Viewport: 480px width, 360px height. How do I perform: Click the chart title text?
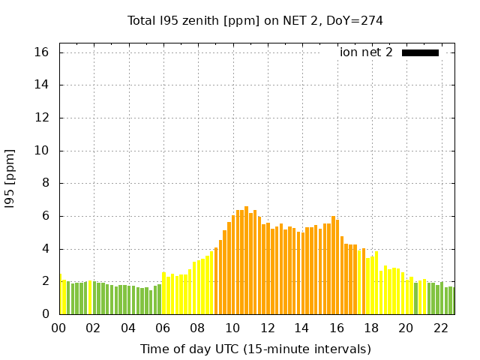point(255,20)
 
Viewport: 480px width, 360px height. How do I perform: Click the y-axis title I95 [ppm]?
point(10,178)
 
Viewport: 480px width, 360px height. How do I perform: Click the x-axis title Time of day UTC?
point(255,349)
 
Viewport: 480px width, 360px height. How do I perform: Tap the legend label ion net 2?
point(366,52)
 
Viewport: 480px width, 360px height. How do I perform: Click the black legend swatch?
point(420,52)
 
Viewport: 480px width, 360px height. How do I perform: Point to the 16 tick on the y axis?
point(41,52)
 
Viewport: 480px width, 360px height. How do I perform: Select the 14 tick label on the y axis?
point(41,85)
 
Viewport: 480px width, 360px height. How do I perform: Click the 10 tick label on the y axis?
point(41,151)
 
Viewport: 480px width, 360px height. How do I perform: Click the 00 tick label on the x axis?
point(59,328)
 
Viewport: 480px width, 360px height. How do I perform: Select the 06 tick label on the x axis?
point(163,328)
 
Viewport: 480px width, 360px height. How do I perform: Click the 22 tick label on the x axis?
point(440,328)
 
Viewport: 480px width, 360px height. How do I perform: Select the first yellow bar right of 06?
point(164,293)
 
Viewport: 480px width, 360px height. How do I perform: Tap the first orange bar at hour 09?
point(216,280)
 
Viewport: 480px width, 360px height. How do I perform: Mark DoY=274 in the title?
point(354,20)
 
